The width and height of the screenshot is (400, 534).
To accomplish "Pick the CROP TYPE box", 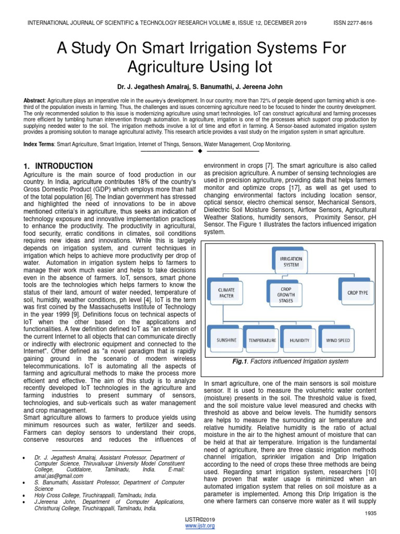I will pyautogui.click(x=357, y=293).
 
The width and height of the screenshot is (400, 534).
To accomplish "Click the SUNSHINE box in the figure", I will pyautogui.click(x=226, y=341).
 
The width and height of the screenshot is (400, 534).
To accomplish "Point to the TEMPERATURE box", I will pyautogui.click(x=262, y=341).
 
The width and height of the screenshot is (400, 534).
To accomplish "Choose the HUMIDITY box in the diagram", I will pyautogui.click(x=299, y=341).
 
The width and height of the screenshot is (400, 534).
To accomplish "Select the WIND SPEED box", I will pyautogui.click(x=339, y=341).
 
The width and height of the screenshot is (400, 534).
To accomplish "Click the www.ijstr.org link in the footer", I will pyautogui.click(x=200, y=526).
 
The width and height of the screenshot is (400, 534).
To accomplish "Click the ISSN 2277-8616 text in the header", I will pyautogui.click(x=353, y=23).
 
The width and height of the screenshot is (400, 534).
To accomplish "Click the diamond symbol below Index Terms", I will pyautogui.click(x=200, y=151).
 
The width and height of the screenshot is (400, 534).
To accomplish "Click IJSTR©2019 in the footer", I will pyautogui.click(x=200, y=520).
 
